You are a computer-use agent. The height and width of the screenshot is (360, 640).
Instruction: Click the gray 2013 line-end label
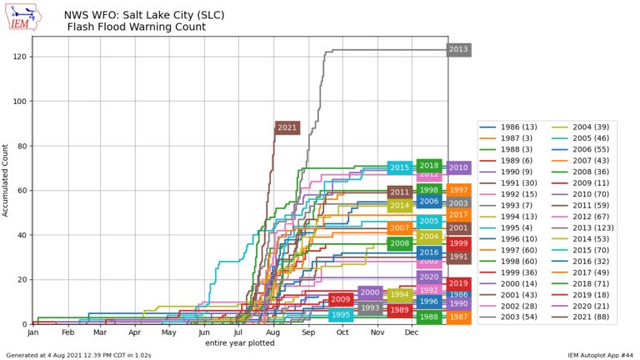coord(458,49)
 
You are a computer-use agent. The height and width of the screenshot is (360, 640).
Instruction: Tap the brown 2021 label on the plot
coord(287,127)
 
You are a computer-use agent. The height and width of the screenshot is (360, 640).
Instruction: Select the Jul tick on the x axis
coord(239,332)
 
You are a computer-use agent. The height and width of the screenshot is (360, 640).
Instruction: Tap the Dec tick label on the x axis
coord(412,332)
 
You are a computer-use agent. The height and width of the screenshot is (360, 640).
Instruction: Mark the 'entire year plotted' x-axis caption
coord(240,342)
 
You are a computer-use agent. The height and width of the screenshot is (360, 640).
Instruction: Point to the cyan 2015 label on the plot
coord(399,167)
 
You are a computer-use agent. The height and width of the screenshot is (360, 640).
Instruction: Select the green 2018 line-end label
coord(429,166)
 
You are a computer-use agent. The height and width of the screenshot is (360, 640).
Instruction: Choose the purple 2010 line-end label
coord(458,167)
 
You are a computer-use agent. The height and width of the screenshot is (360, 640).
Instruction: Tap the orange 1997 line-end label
coord(458,190)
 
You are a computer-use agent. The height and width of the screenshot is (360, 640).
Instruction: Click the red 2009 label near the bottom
coord(341,299)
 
